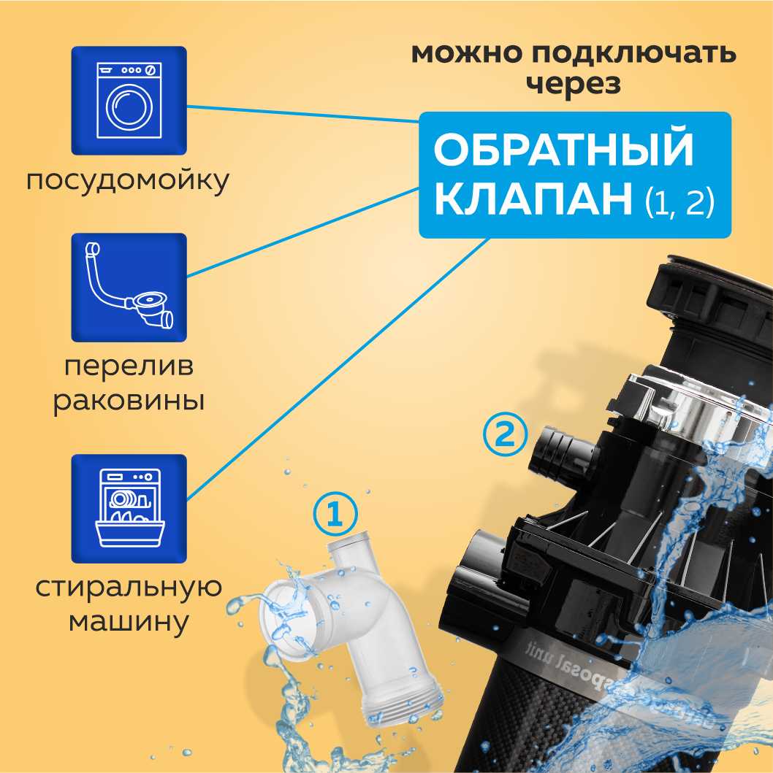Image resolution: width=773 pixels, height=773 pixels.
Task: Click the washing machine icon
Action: click(129, 100)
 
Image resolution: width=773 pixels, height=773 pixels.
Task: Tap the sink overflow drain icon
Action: click(129, 287)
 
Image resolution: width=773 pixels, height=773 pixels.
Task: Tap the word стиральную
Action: click(128, 588)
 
